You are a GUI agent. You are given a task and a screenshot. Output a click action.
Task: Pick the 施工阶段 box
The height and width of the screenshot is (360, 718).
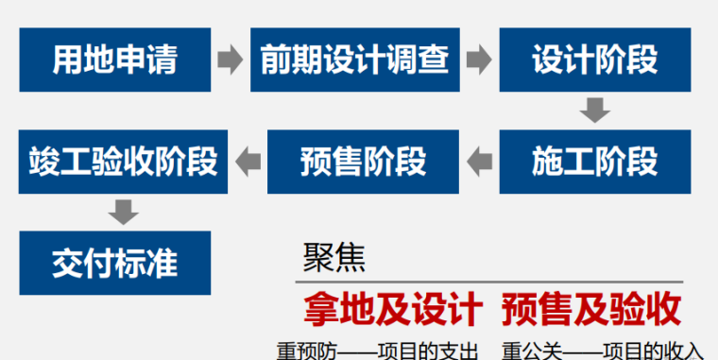point(594,162)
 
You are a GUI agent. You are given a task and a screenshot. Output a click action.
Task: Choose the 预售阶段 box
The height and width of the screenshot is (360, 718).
point(363,162)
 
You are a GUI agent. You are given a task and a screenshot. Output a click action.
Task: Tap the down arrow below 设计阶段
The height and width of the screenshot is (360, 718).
point(594,111)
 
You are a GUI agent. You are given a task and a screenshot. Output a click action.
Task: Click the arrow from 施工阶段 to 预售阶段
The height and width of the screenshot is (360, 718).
point(480,162)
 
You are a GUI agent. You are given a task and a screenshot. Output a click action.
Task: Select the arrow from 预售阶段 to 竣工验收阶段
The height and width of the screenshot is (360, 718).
point(248,162)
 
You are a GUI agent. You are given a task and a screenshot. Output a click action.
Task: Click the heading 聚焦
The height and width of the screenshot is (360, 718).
point(333,257)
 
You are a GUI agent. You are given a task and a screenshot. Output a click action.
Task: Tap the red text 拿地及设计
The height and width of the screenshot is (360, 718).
point(393,309)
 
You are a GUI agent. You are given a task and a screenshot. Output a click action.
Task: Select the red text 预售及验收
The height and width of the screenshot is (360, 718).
point(591,309)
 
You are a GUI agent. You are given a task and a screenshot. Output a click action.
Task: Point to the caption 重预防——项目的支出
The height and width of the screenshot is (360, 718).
point(378,349)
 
